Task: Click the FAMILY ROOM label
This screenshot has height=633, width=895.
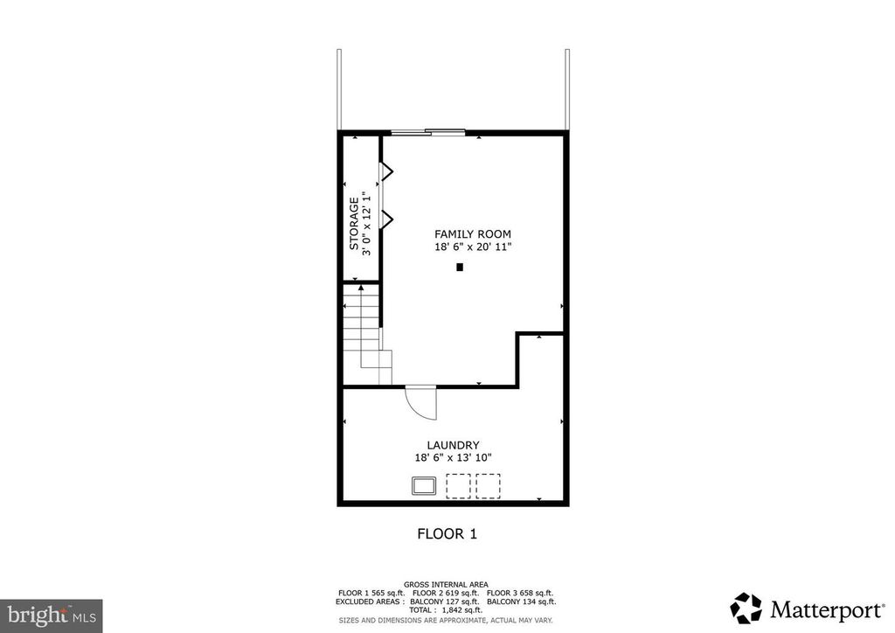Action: [x=473, y=233]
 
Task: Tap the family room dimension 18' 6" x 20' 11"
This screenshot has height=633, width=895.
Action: [x=473, y=247]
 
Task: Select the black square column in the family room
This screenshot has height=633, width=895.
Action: [x=460, y=268]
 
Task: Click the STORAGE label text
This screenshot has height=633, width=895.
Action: [x=354, y=224]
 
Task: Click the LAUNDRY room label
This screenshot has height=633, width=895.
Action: [x=453, y=444]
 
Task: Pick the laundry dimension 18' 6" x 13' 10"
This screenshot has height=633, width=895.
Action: [x=453, y=457]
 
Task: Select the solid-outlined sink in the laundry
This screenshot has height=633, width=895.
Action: [x=425, y=485]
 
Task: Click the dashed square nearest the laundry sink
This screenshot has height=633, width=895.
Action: [x=459, y=486]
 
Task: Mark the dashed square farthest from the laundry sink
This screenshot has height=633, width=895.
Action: [x=488, y=486]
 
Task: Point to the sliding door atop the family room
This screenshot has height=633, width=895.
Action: [x=427, y=132]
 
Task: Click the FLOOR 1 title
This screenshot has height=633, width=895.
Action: [x=447, y=533]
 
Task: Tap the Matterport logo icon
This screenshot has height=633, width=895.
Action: [x=746, y=608]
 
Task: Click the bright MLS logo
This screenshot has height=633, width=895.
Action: [x=52, y=616]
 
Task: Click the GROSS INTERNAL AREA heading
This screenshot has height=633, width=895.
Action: [x=446, y=584]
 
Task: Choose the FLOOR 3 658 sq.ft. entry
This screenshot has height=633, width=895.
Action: [x=519, y=593]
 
